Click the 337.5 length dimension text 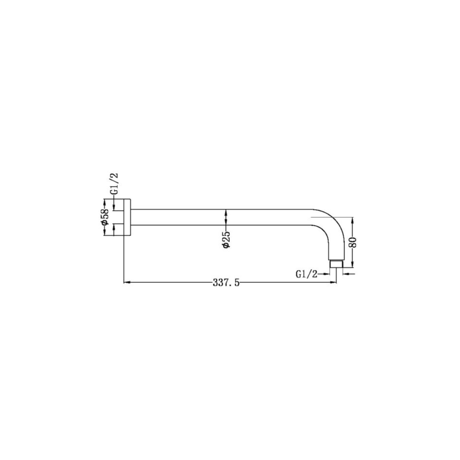pos(226,282)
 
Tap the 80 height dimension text pos(353,242)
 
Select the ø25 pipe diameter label pos(226,239)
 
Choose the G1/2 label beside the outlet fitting pos(307,274)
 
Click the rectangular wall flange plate pos(127,217)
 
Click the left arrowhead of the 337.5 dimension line pos(126,282)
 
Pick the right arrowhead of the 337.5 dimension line pos(333,282)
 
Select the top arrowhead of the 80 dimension pos(353,220)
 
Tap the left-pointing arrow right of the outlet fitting pos(345,274)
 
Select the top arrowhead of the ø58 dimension pos(105,202)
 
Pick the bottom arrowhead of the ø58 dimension pos(105,233)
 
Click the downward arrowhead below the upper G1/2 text pos(114,207)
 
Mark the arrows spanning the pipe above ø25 pos(226,217)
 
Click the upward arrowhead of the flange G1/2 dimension pos(114,227)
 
